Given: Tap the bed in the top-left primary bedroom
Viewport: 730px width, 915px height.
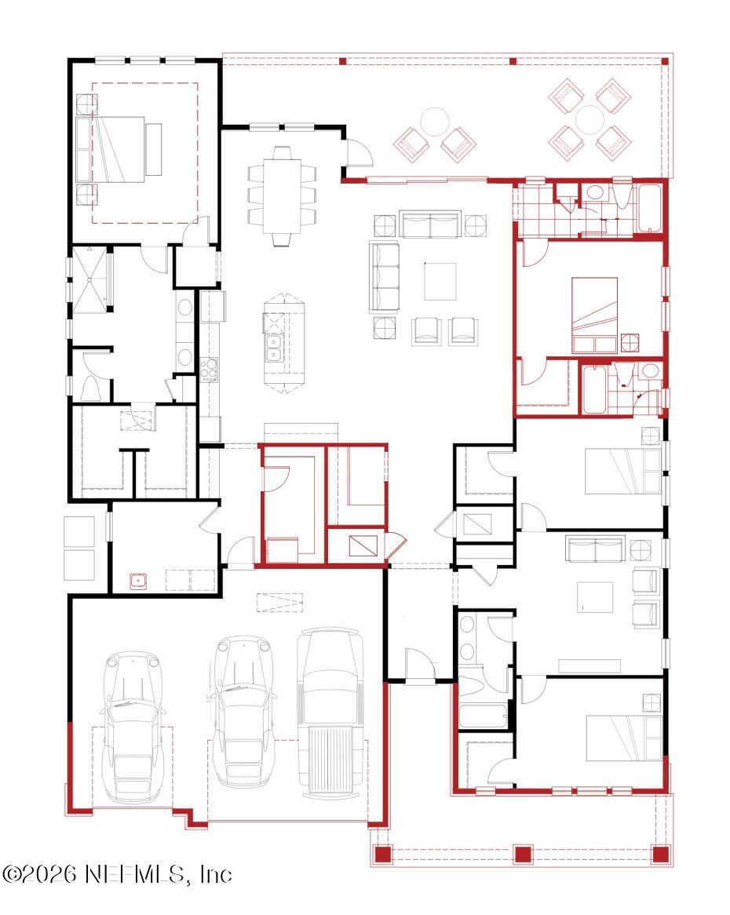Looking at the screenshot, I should tap(120, 149).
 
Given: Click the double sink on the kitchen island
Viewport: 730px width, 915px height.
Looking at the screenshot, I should tap(274, 348).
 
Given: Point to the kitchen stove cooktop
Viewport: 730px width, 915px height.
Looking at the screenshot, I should tap(210, 369).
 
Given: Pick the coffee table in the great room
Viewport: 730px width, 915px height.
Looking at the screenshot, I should tap(440, 281).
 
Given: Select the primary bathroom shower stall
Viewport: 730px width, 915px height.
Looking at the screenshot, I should tap(91, 279).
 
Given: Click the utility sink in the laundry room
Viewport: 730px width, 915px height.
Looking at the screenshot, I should tap(139, 581).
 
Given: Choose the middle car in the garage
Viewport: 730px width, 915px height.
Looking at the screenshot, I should tap(241, 710).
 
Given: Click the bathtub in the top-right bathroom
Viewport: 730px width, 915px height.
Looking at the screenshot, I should tap(649, 209).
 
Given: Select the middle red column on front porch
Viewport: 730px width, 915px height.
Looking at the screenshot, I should tap(523, 855).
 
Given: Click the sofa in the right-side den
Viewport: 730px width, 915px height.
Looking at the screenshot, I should tap(596, 549).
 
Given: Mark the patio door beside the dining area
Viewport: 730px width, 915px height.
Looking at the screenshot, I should tap(360, 153).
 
